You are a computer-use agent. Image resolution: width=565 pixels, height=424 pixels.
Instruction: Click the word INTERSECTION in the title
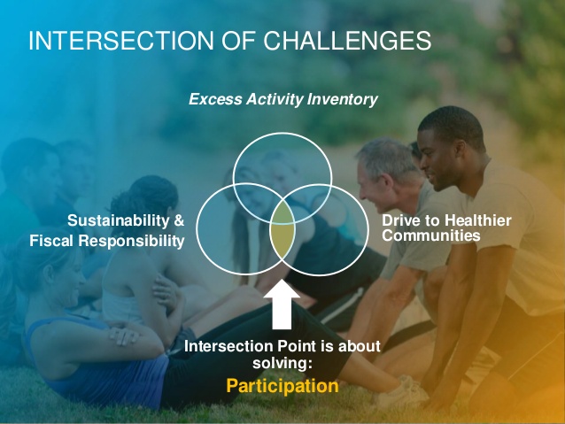[x=121, y=41]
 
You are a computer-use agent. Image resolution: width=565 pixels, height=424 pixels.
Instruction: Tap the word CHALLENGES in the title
[x=347, y=41]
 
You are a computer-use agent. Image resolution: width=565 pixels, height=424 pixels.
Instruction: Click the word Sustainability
[x=118, y=220]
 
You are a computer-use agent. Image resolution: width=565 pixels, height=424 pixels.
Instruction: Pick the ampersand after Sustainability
[x=179, y=220]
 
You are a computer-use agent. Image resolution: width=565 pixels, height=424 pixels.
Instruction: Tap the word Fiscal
[x=51, y=241]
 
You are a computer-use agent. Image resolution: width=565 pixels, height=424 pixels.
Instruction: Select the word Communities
[x=431, y=235]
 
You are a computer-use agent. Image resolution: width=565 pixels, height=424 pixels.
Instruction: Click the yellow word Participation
[x=282, y=387]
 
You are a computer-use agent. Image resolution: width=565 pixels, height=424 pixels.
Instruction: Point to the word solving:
[x=282, y=363]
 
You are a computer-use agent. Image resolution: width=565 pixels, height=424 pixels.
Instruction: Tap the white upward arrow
[x=282, y=305]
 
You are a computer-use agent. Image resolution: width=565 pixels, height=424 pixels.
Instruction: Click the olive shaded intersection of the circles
[x=282, y=230]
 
